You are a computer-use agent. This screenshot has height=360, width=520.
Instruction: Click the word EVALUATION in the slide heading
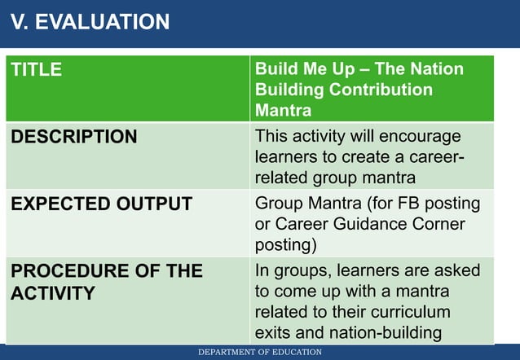pyautogui.click(x=102, y=23)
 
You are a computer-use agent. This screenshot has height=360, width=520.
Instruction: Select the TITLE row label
pyautogui.click(x=36, y=70)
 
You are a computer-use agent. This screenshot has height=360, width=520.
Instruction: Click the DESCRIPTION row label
pyautogui.click(x=73, y=137)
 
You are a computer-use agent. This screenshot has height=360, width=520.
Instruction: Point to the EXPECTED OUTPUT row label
pyautogui.click(x=101, y=204)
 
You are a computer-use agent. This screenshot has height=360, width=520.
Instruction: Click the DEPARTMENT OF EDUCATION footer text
pyautogui.click(x=260, y=352)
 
